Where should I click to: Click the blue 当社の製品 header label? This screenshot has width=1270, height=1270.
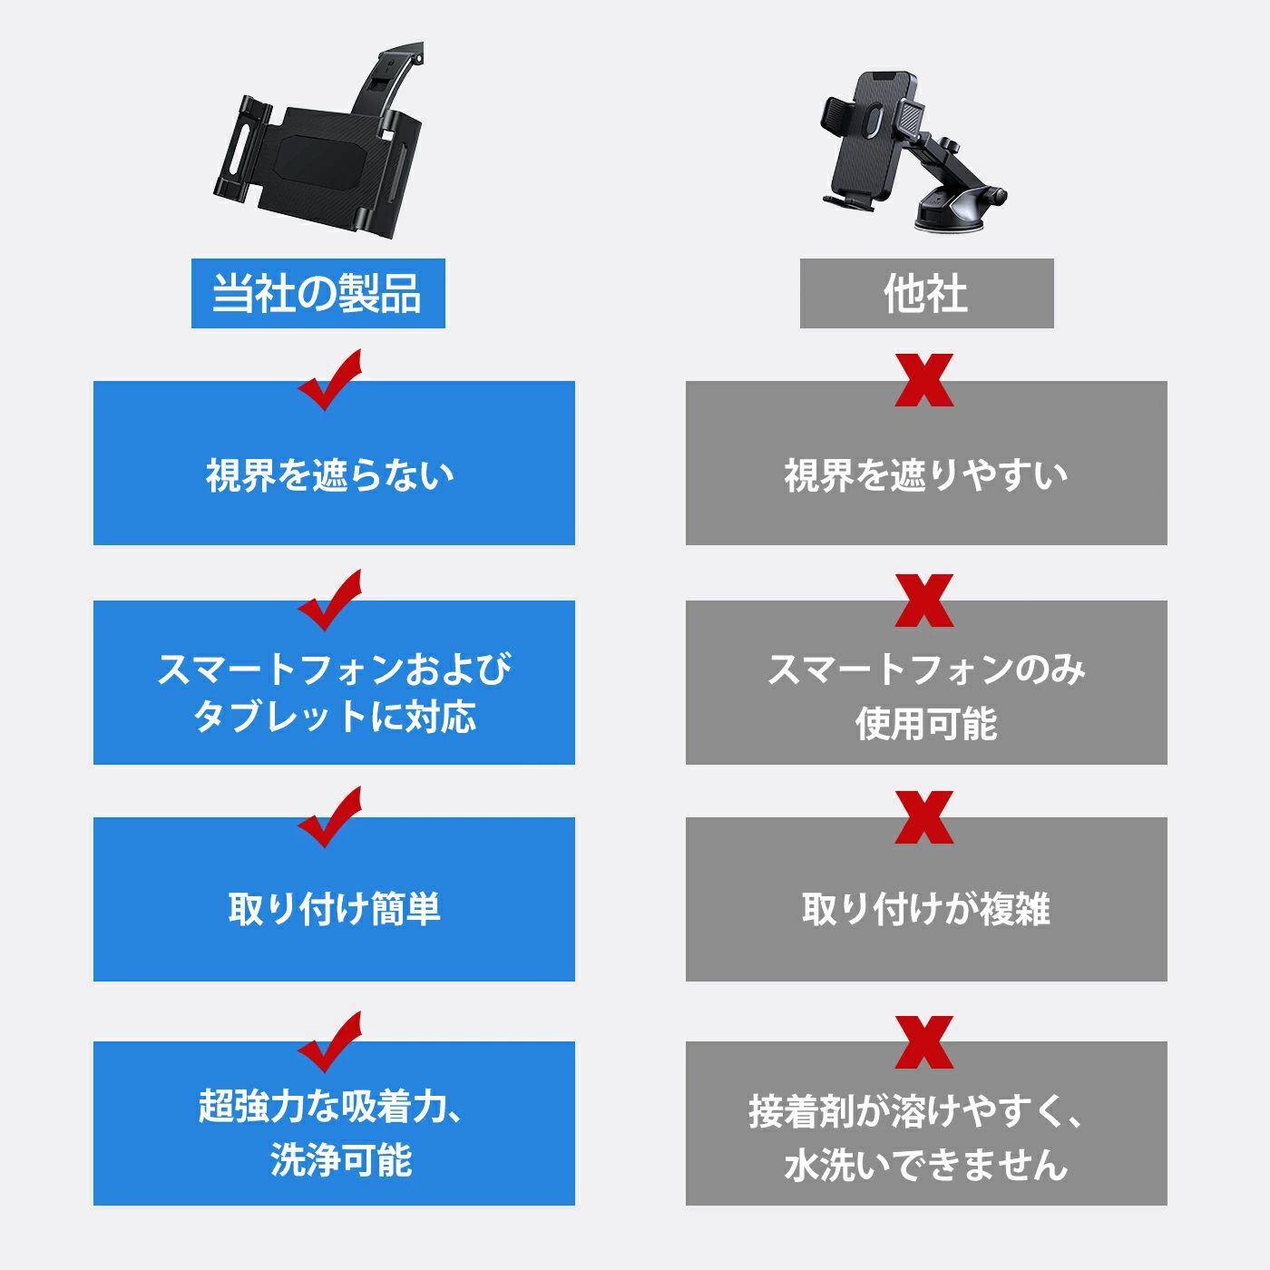click(317, 293)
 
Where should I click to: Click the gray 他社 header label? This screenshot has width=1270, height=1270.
click(926, 293)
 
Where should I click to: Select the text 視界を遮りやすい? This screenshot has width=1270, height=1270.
click(926, 475)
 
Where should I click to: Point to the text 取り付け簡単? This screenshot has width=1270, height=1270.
click(334, 909)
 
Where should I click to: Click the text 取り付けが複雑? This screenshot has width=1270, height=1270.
click(926, 909)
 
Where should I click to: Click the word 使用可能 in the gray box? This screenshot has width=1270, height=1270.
click(926, 723)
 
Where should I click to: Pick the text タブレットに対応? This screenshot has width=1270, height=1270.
click(334, 717)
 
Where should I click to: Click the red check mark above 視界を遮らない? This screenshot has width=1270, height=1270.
click(330, 378)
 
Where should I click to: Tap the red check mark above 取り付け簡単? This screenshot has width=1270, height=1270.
click(330, 816)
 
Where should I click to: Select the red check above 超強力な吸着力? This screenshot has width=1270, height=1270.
click(330, 1040)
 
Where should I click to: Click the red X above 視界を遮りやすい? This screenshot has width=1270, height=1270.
click(924, 380)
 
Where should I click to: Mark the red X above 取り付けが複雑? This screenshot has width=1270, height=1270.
click(924, 817)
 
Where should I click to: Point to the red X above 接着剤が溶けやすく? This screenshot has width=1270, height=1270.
click(924, 1042)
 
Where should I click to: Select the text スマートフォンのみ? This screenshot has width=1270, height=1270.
click(926, 670)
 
